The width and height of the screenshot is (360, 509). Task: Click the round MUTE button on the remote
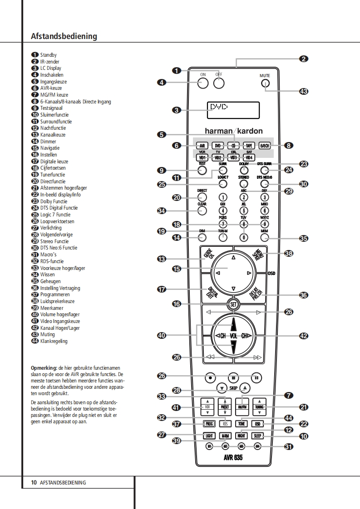pyautogui.click(x=265, y=83)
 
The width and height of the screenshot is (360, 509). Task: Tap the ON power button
pyautogui.click(x=203, y=83)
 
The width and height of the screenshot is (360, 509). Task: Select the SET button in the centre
pyautogui.click(x=233, y=304)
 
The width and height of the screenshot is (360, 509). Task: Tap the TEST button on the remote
pyautogui.click(x=202, y=171)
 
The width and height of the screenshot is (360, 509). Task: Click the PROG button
pyautogui.click(x=209, y=424)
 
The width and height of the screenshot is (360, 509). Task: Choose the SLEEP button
pyautogui.click(x=258, y=436)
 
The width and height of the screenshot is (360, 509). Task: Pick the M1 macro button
pyautogui.click(x=209, y=446)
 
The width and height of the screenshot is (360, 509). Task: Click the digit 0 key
pyautogui.click(x=244, y=237)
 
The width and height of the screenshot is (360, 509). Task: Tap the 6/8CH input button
pyautogui.click(x=264, y=146)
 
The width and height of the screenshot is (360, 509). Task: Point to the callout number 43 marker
pyautogui.click(x=304, y=91)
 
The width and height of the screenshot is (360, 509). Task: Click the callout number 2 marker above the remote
pyautogui.click(x=304, y=59)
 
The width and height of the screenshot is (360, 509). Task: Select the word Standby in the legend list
pyautogui.click(x=48, y=55)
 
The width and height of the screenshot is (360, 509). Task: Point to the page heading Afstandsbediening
pyautogui.click(x=64, y=36)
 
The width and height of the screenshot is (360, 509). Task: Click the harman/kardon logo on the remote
pyautogui.click(x=233, y=131)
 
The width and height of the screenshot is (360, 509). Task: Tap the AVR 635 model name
pyautogui.click(x=233, y=458)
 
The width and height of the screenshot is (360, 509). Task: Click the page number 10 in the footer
pyautogui.click(x=34, y=483)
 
